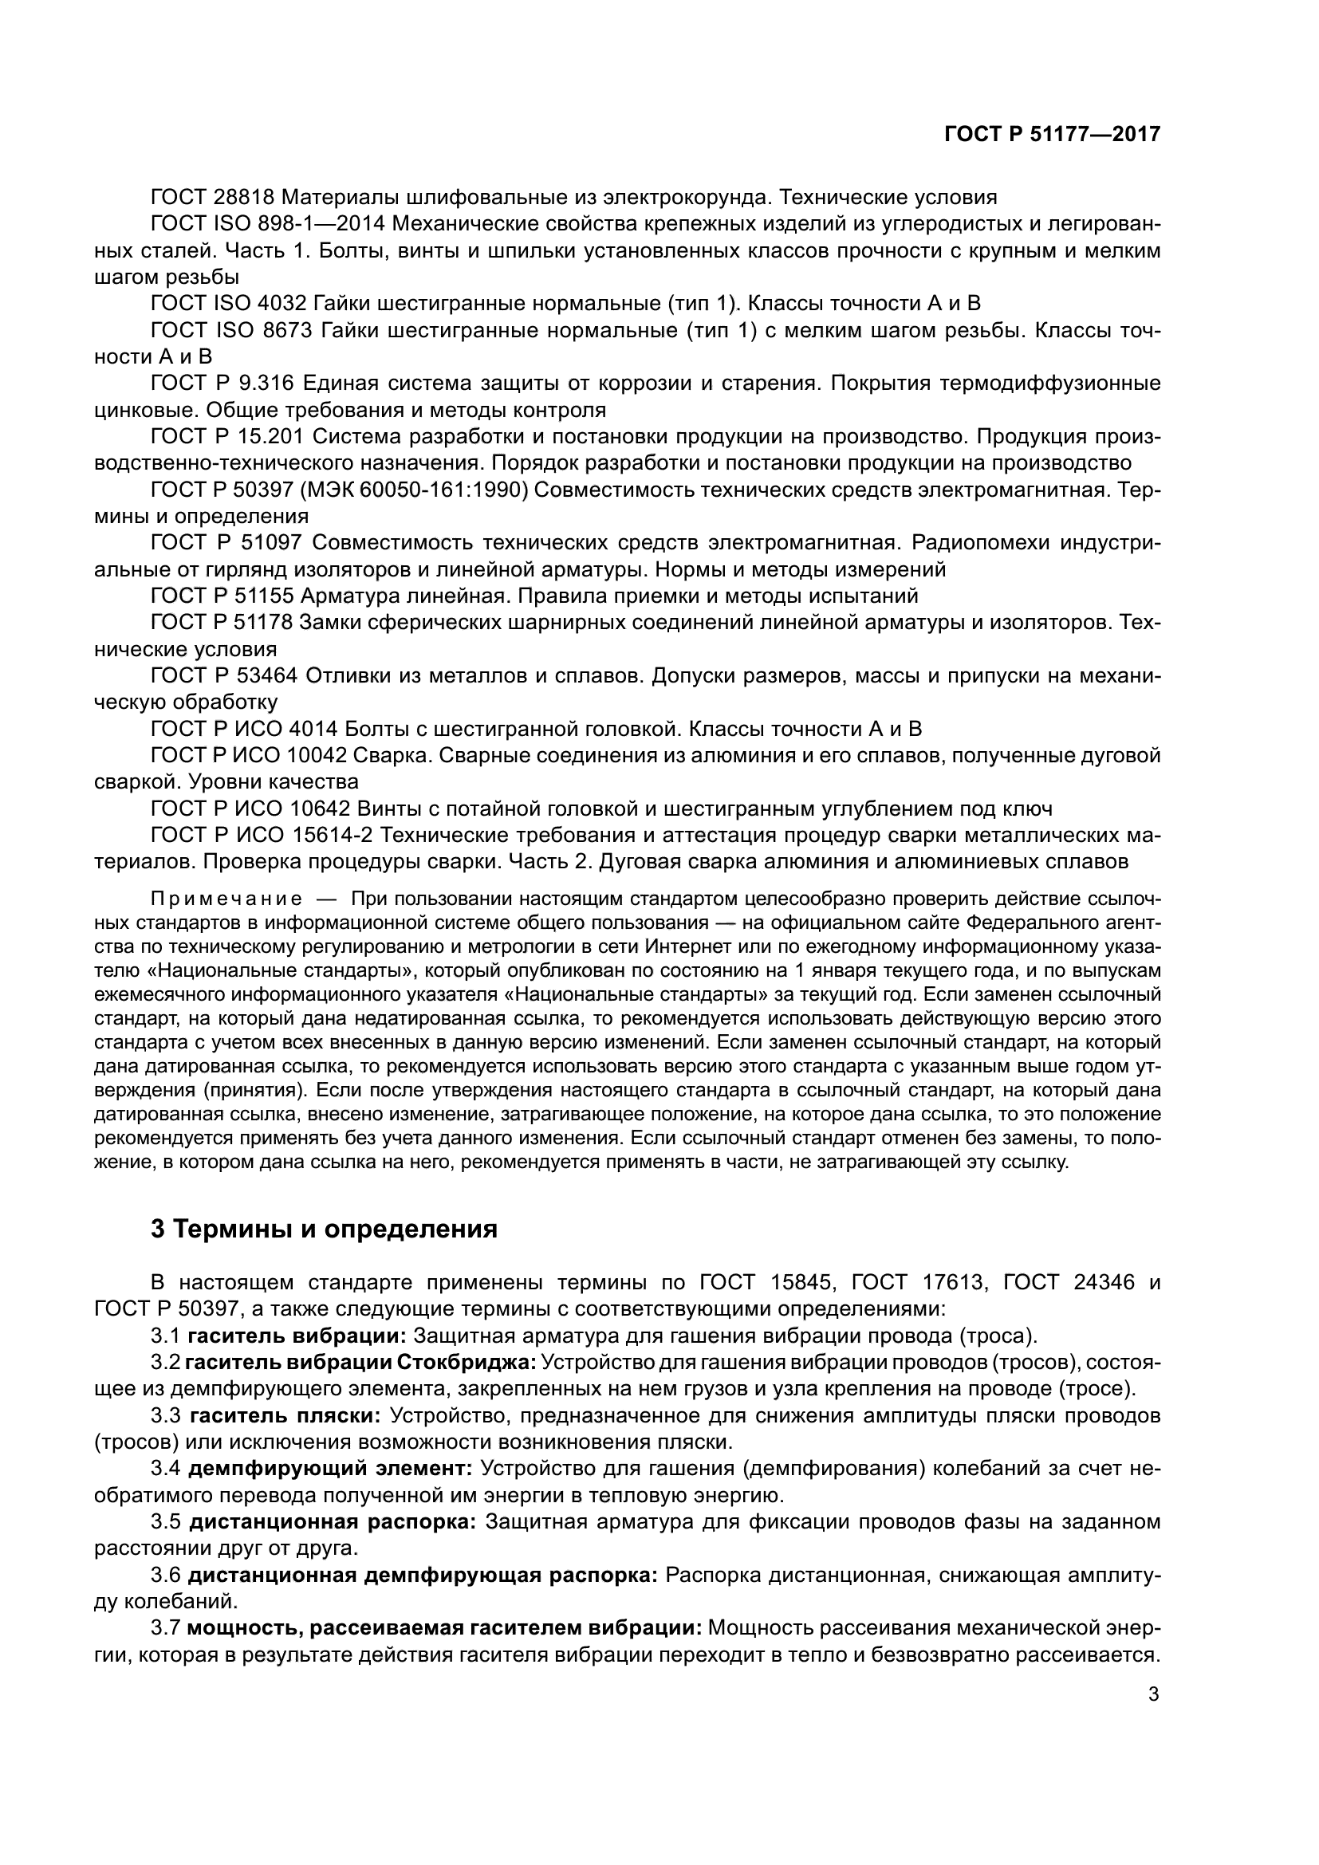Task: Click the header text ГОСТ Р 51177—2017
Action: pos(1052,135)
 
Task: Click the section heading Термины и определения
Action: pos(324,1229)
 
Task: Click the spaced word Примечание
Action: pos(226,899)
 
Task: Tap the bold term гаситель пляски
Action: pos(285,1415)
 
